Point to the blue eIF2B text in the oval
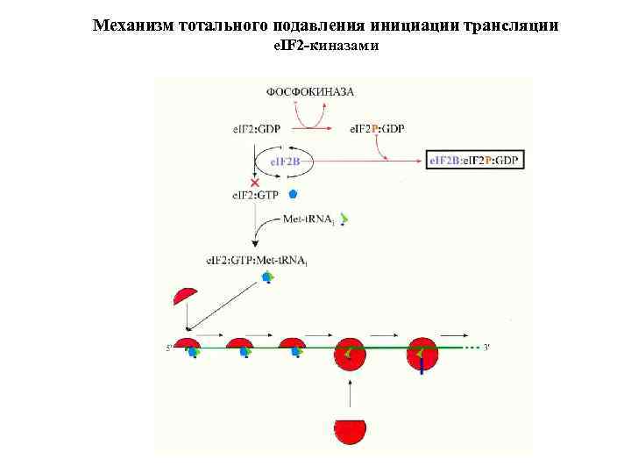tap(283, 162)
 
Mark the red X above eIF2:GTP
tap(255, 183)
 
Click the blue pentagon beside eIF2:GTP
tap(294, 193)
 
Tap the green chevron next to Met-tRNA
tap(345, 219)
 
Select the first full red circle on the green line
tap(350, 353)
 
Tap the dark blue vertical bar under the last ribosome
tap(422, 368)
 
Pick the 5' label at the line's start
tap(169, 348)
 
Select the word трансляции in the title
tap(510, 25)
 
